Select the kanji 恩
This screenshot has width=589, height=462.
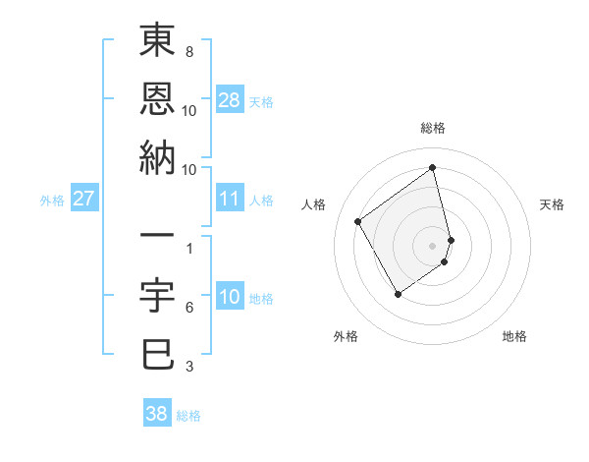[157, 98]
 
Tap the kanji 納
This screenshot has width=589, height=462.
[157, 156]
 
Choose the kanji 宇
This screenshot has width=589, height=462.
[157, 294]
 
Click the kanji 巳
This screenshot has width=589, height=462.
[157, 353]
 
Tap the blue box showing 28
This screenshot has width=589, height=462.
[230, 99]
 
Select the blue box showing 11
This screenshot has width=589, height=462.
[230, 199]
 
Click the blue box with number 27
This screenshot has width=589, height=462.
[84, 199]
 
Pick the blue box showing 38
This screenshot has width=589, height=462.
[157, 414]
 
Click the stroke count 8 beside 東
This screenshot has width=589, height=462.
[188, 51]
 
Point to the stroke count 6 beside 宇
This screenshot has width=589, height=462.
[188, 308]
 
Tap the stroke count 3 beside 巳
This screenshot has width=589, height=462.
[188, 367]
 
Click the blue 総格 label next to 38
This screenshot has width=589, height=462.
[188, 416]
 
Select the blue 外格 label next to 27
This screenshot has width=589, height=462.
[52, 201]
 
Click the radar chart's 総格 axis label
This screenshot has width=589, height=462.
[433, 128]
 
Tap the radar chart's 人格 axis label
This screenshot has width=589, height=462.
[314, 204]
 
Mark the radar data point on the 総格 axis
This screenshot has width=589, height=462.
[433, 167]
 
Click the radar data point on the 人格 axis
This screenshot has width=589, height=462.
[358, 221]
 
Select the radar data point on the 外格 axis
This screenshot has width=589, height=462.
[398, 293]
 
